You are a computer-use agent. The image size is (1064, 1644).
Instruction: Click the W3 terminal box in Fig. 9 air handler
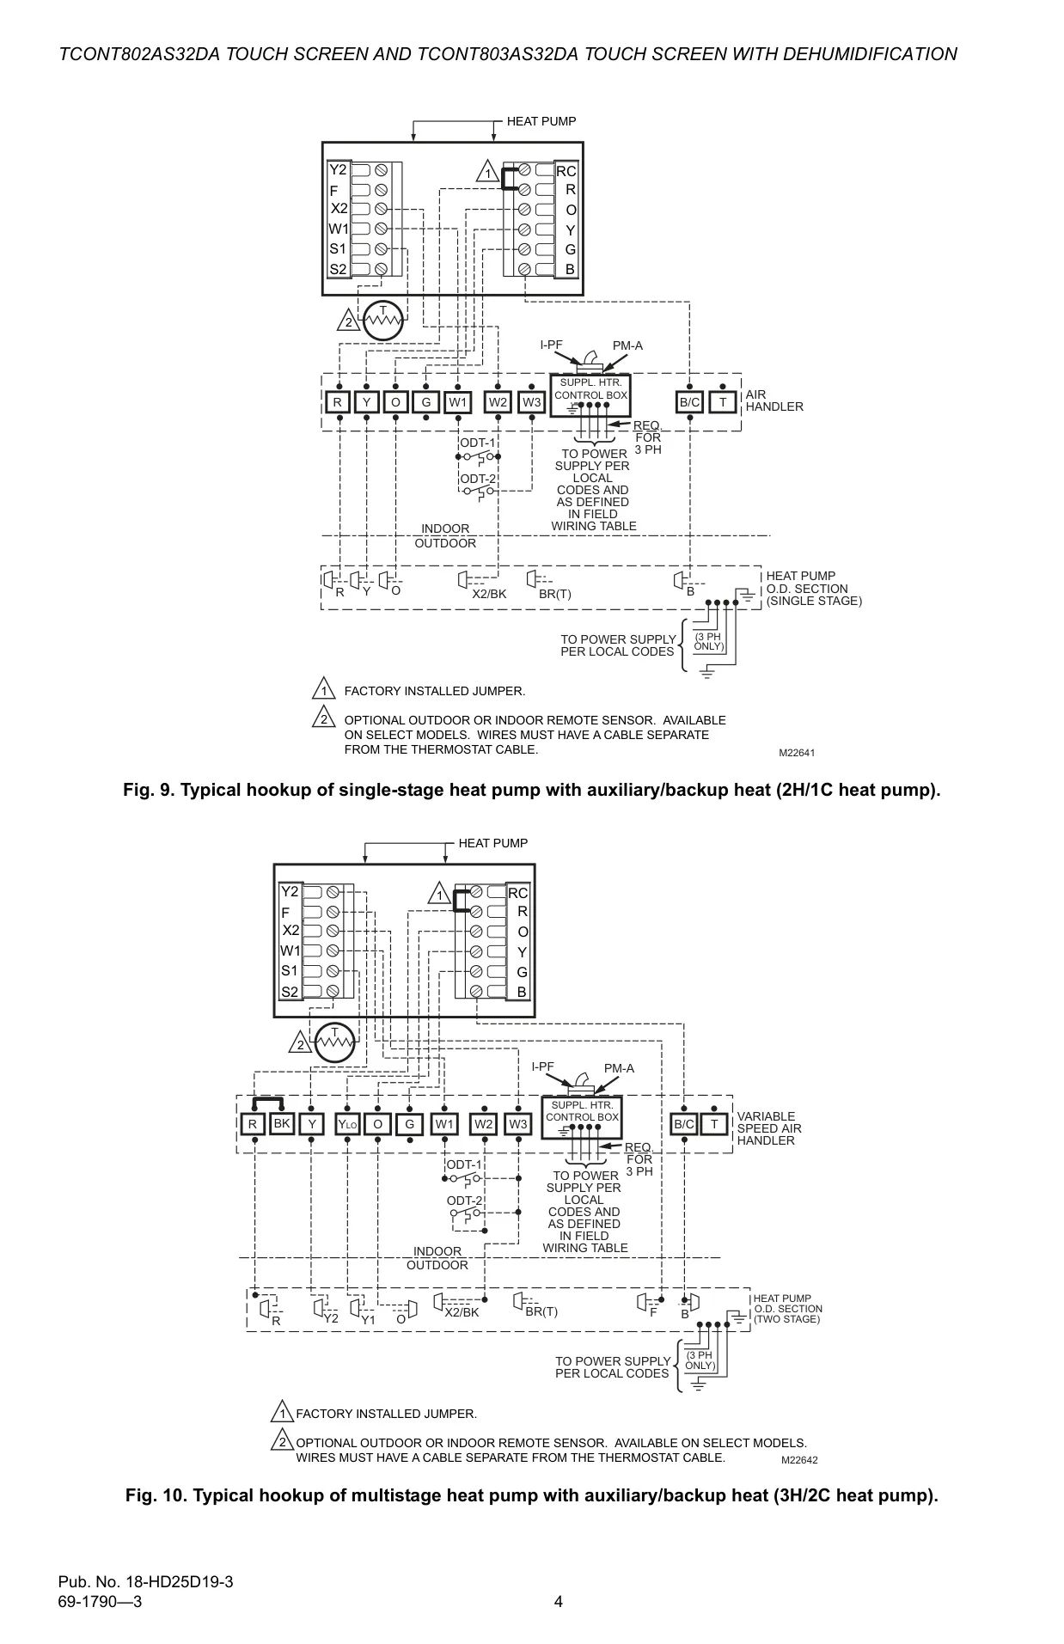[532, 402]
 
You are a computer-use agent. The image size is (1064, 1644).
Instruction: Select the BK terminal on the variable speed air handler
[282, 1123]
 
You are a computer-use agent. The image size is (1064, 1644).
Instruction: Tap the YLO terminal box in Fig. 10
[347, 1124]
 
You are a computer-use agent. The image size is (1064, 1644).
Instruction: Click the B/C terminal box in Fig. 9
[690, 402]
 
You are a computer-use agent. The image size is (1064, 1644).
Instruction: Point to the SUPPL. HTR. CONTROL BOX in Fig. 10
[582, 1118]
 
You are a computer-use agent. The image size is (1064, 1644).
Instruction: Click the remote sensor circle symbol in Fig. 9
[382, 321]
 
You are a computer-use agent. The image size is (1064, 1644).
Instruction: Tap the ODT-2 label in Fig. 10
[465, 1201]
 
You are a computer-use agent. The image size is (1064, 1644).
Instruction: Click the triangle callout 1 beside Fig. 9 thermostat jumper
[487, 172]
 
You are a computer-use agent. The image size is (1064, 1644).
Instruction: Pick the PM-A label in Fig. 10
[619, 1068]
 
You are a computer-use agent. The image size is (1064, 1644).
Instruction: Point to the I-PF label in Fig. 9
[552, 345]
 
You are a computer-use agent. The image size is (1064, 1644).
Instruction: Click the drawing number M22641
[797, 753]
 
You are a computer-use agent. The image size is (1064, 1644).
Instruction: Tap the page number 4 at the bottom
[559, 1601]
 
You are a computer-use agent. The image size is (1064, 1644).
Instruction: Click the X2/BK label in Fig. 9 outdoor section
[489, 594]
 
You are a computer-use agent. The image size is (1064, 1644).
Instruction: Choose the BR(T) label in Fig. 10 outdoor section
[541, 1312]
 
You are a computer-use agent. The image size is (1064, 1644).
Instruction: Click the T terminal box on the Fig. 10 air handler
[714, 1124]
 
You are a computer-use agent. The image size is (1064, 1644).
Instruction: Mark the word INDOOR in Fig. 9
[445, 529]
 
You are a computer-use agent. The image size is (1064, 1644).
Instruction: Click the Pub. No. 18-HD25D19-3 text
[145, 1582]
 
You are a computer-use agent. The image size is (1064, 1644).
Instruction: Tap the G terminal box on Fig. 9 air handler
[425, 402]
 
